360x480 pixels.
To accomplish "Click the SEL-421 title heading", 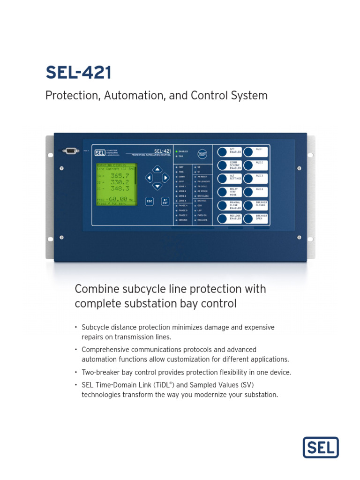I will coord(78,73).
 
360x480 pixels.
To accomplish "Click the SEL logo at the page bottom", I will coord(321,447).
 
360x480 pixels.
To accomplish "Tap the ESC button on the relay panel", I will coord(150,201).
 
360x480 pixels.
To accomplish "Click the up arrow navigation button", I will coord(157,169).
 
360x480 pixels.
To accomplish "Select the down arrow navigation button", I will coord(157,186).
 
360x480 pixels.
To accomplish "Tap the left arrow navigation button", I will coord(149,178).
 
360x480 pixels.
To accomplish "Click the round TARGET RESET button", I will coord(202,154).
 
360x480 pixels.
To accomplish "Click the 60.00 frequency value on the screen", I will coord(118,199).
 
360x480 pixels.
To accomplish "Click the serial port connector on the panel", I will coord(70,150).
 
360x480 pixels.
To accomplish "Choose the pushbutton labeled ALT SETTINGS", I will coord(222,179).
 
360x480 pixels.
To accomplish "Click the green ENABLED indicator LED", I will coord(176,151).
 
